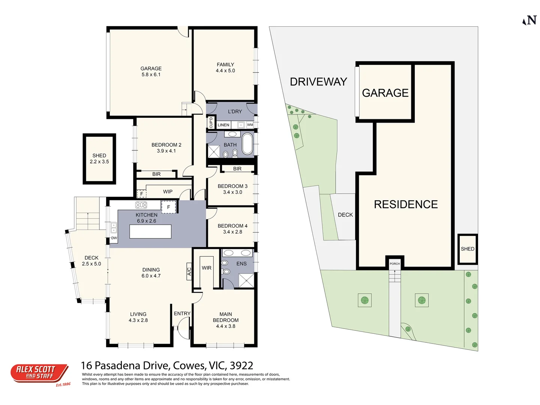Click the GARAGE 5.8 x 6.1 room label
click(x=151, y=72)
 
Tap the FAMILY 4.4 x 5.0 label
click(x=225, y=67)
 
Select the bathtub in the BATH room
click(x=247, y=144)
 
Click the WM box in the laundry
click(x=250, y=125)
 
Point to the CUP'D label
click(x=211, y=123)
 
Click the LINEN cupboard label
click(x=223, y=125)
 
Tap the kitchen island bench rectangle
click(x=150, y=231)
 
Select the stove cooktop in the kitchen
click(x=141, y=205)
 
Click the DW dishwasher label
click(x=114, y=238)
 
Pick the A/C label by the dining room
click(x=189, y=271)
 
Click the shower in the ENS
click(x=246, y=280)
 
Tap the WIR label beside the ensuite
click(x=207, y=268)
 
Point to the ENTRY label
click(x=182, y=313)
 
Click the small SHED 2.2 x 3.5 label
click(x=99, y=159)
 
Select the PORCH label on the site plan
click(x=394, y=264)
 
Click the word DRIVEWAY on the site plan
click(x=318, y=82)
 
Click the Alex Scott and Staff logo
click(x=39, y=373)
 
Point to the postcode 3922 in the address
click(x=241, y=365)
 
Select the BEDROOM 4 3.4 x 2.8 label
click(x=232, y=229)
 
